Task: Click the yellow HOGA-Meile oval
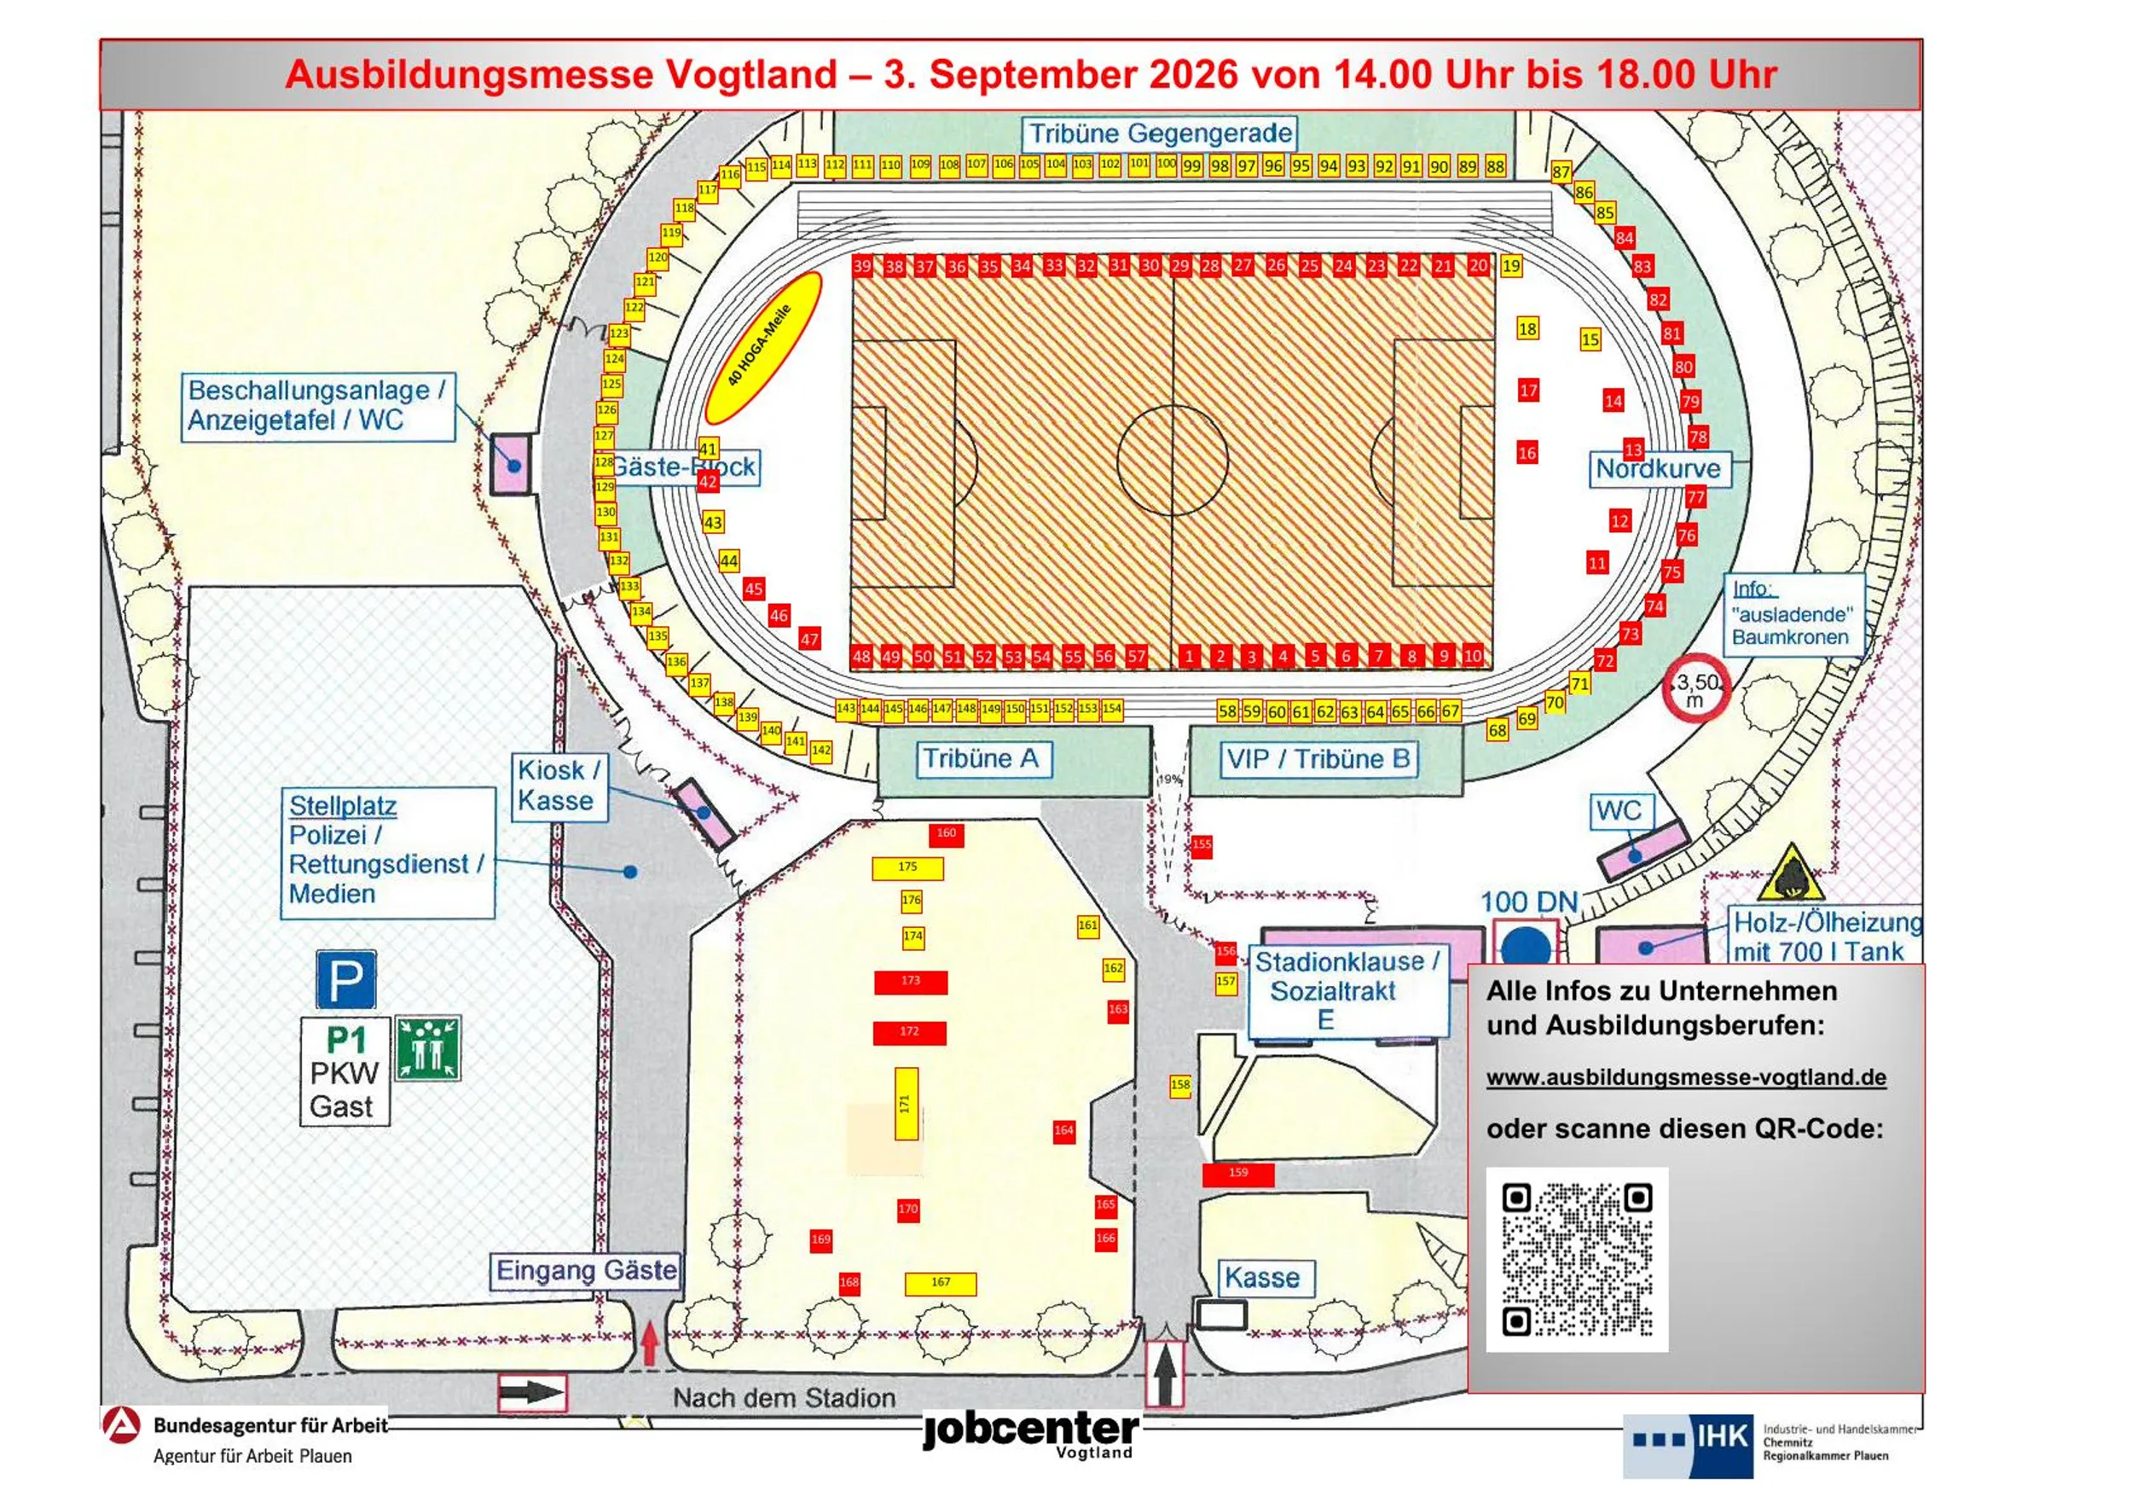point(762,347)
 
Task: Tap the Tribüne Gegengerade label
point(1159,134)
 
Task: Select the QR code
point(1576,1258)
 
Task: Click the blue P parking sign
point(345,978)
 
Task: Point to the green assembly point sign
point(428,1048)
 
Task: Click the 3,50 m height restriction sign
point(1695,691)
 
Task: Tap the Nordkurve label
point(1658,468)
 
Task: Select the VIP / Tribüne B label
point(1318,760)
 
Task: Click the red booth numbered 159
point(1237,1174)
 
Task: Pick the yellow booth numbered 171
point(906,1103)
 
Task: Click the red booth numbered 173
point(910,982)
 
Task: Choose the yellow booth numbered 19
point(1511,266)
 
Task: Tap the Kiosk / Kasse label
point(559,786)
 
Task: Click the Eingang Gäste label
point(586,1270)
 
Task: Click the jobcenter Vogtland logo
point(1031,1434)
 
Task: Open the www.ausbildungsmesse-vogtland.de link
point(1685,1077)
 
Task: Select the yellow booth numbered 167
point(940,1284)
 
